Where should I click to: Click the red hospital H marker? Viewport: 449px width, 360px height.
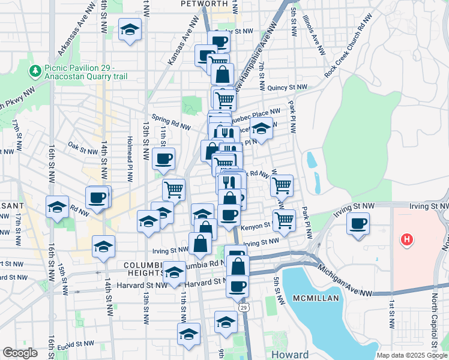(408, 241)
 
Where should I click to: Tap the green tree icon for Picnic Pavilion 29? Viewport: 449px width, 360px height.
(35, 71)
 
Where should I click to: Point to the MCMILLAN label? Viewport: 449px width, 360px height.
(316, 298)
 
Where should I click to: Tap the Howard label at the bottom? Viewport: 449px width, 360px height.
(289, 354)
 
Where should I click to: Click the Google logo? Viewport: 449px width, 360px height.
(19, 353)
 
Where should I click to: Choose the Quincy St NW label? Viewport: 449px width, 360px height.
(288, 87)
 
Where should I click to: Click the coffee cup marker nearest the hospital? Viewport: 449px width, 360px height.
(358, 224)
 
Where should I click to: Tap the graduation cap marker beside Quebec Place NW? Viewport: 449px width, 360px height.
(261, 128)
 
